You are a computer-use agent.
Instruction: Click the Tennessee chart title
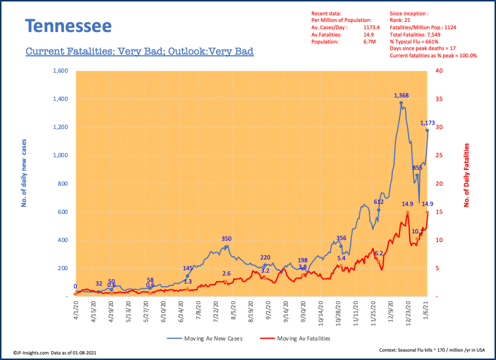click(68, 26)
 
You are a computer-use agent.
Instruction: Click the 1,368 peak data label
click(402, 96)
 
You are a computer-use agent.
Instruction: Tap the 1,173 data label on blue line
click(428, 123)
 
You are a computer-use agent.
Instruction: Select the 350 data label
click(226, 239)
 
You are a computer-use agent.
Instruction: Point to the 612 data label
click(379, 201)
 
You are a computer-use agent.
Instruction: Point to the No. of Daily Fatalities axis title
click(467, 175)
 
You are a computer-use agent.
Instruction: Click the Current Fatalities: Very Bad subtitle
click(140, 51)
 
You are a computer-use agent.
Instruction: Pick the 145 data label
click(188, 268)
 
